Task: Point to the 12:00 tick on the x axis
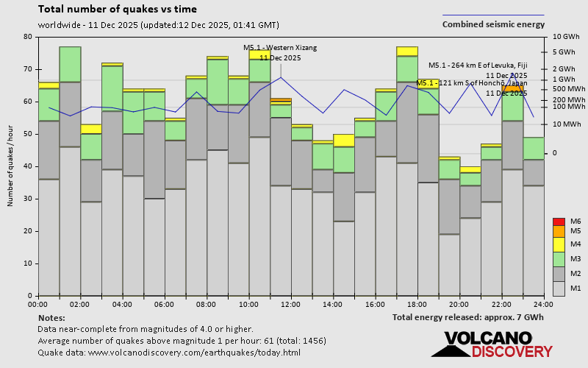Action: (x=291, y=303)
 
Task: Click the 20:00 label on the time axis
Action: (x=459, y=303)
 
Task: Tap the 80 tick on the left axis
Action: (x=27, y=37)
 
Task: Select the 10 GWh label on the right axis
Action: (x=566, y=37)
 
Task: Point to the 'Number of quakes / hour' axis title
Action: (x=11, y=166)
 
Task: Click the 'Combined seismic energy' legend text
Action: (x=493, y=24)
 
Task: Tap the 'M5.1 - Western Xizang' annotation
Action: (x=280, y=48)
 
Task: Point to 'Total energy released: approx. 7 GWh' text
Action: (x=467, y=317)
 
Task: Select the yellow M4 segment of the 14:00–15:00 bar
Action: (x=343, y=140)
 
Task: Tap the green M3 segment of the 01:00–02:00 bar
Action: (x=70, y=64)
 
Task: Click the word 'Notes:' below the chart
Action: (x=51, y=317)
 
